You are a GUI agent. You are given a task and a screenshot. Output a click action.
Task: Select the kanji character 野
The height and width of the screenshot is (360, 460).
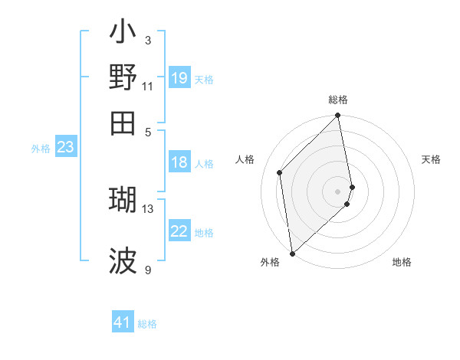click(x=123, y=77)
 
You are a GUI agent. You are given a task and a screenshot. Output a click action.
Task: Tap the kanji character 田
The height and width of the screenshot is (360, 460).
click(x=123, y=123)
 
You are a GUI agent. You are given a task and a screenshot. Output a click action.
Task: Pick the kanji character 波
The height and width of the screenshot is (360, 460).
click(x=123, y=261)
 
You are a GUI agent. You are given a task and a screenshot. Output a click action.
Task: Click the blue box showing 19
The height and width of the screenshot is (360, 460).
click(x=179, y=77)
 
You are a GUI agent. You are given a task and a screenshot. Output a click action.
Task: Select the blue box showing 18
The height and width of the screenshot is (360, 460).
click(x=179, y=162)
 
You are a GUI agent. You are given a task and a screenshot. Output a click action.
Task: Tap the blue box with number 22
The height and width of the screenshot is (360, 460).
click(x=179, y=231)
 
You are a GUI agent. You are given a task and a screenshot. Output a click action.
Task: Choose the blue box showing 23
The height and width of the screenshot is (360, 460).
click(x=65, y=147)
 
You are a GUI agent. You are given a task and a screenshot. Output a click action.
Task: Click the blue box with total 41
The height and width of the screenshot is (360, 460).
click(x=123, y=322)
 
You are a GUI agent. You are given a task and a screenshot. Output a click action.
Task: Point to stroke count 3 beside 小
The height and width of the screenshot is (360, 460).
click(x=147, y=40)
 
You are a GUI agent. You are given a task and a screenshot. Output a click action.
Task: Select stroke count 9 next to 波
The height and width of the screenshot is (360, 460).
click(x=147, y=270)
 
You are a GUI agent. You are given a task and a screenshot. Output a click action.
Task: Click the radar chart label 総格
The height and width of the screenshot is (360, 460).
click(x=338, y=100)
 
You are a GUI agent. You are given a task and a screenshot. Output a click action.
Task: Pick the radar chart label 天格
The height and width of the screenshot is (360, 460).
click(x=431, y=159)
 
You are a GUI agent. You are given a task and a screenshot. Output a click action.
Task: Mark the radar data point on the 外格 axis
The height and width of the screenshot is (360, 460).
click(x=292, y=253)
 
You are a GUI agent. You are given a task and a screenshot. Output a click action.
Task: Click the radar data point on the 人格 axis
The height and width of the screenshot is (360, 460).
click(x=280, y=172)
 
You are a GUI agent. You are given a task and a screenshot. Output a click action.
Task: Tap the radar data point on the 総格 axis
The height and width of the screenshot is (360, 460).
click(x=338, y=116)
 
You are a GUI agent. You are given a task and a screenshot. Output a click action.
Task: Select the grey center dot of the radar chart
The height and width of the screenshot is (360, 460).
click(x=338, y=191)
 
